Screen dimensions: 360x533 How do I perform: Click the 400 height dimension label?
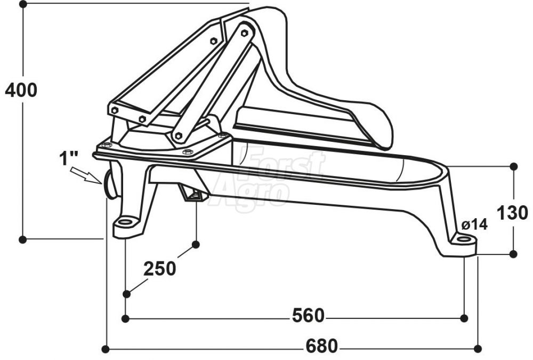point(21,90)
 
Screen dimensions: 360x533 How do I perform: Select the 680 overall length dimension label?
point(321,347)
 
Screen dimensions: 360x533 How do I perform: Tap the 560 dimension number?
point(308,316)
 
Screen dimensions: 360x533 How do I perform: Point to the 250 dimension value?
point(159,269)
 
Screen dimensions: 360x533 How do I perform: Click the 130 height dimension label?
point(512,212)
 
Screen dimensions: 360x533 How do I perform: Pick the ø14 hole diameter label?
point(474,225)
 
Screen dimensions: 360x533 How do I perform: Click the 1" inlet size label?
point(69,158)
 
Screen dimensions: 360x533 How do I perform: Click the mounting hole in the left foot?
point(126,221)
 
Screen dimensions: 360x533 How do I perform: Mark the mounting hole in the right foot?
point(464,239)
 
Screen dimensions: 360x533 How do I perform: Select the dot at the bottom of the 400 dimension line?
point(22,239)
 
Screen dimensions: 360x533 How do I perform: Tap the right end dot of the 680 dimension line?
point(478,349)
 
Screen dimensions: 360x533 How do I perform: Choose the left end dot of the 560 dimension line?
point(126,318)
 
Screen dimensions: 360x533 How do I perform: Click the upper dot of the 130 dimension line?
point(514,166)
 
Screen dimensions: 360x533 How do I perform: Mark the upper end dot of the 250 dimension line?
point(196,244)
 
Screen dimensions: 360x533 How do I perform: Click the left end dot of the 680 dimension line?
point(106,349)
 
